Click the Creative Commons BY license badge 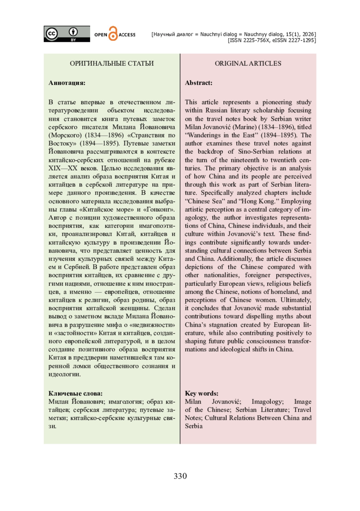coord(67,34)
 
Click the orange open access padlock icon coord(113,34)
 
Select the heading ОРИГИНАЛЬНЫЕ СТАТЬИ coord(112,63)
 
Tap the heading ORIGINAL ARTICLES coord(248,63)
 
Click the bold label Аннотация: coord(67,83)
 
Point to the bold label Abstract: coord(199,83)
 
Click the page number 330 coord(180,476)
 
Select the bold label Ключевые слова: coord(75,393)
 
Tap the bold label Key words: coord(202,393)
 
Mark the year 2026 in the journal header coord(308,34)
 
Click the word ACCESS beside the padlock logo coord(127,35)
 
